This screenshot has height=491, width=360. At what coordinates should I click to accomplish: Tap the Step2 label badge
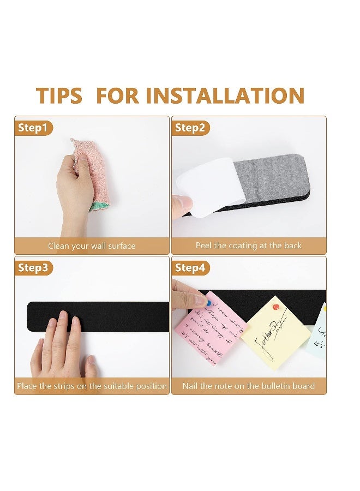[x=190, y=128]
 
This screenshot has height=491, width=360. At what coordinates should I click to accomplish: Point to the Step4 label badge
[x=190, y=268]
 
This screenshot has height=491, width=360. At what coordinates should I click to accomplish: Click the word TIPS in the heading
[x=59, y=96]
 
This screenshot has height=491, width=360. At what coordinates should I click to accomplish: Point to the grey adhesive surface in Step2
[x=273, y=175]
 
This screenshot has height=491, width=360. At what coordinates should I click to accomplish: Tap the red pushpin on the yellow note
[x=276, y=307]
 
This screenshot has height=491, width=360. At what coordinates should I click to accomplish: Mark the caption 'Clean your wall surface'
[x=92, y=246]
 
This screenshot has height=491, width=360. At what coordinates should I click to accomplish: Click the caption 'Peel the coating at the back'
[x=249, y=245]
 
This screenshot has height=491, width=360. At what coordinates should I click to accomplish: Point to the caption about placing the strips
[x=92, y=386]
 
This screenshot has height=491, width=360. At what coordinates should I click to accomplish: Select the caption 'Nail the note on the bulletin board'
[x=249, y=386]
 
